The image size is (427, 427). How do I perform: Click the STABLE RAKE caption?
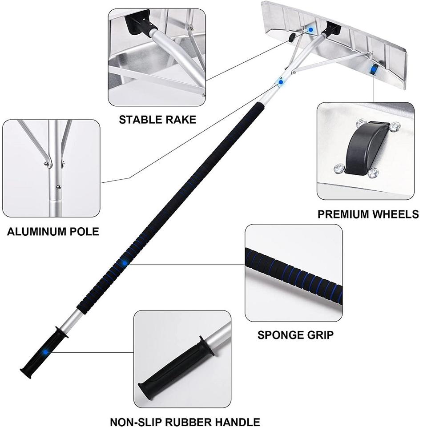157,120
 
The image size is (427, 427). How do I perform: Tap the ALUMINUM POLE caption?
53,232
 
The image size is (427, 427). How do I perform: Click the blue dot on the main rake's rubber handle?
45,351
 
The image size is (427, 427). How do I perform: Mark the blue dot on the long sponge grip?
125,263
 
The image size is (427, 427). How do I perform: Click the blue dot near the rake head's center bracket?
311,29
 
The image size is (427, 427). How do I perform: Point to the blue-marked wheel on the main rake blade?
373,68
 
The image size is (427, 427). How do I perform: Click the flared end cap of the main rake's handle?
25,373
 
